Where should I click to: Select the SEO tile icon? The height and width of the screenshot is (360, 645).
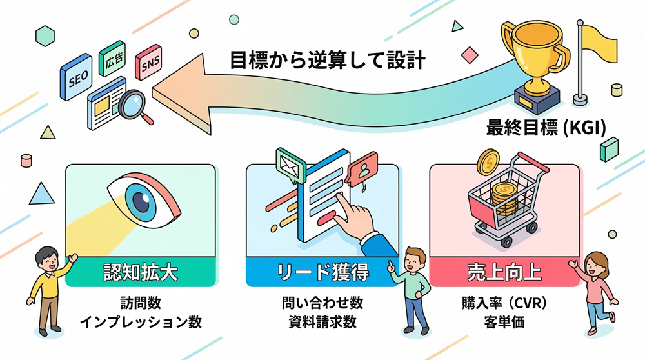pyautogui.click(x=77, y=77)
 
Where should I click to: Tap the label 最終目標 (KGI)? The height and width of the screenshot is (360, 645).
pyautogui.click(x=545, y=128)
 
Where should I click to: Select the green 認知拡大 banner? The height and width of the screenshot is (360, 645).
pyautogui.click(x=141, y=272)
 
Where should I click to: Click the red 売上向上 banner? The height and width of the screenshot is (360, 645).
pyautogui.click(x=504, y=272)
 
